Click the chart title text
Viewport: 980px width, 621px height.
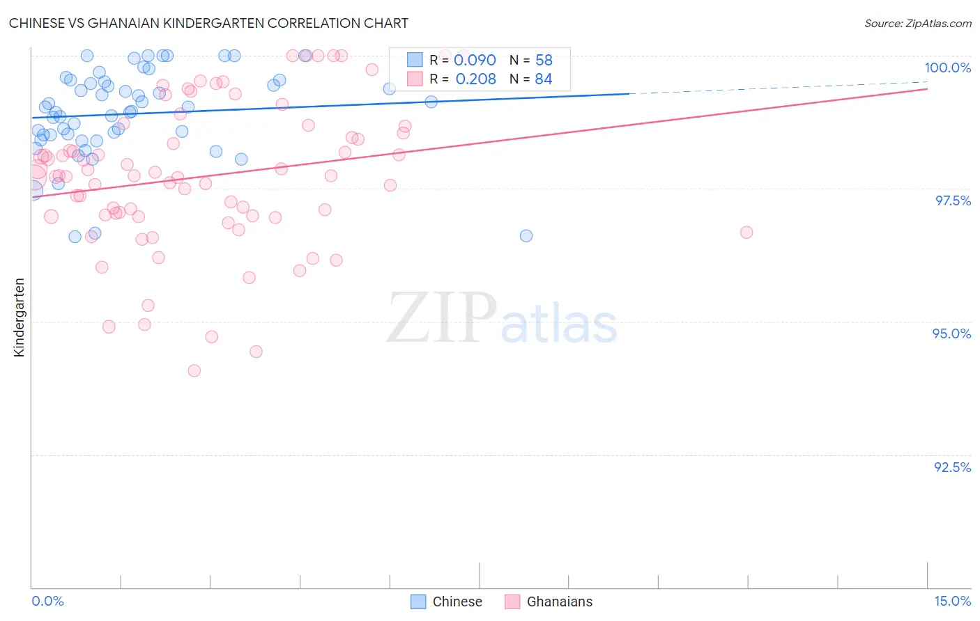208,23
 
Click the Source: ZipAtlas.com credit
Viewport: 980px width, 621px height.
917,23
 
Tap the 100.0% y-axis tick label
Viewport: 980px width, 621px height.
947,68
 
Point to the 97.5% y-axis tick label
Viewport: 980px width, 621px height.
952,201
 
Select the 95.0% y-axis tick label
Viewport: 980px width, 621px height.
951,333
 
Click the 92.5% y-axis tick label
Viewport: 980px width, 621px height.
952,467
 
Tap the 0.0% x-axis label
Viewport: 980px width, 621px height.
47,601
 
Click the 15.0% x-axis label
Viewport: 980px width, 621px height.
952,601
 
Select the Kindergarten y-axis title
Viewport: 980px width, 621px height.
19,317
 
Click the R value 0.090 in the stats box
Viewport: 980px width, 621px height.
475,61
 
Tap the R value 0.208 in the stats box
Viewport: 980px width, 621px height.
475,79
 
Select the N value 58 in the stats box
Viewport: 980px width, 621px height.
544,61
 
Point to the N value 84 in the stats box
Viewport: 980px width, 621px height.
544,79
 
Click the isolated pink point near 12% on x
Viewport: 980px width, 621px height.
747,233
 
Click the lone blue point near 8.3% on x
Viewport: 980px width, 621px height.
526,236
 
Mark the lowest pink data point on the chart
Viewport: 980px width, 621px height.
194,371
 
